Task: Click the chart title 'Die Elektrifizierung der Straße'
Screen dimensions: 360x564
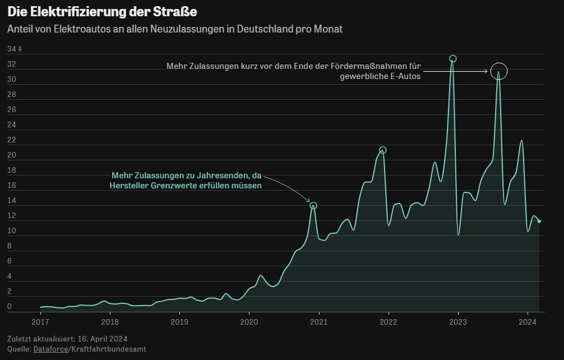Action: coord(102,11)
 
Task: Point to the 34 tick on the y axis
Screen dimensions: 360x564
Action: coord(12,49)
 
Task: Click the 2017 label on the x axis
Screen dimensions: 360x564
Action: coord(40,322)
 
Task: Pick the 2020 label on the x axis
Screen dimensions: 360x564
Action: coord(249,322)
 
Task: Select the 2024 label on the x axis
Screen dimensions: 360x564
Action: coord(528,322)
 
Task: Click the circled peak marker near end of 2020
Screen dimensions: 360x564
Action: coord(313,206)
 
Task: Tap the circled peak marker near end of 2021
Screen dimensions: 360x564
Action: coord(383,150)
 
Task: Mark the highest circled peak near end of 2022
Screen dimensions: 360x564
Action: coord(453,59)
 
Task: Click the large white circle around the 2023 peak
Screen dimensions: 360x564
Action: coord(498,71)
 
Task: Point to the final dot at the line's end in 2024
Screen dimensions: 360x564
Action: coord(539,221)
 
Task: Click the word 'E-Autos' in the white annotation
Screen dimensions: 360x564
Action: coord(405,77)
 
